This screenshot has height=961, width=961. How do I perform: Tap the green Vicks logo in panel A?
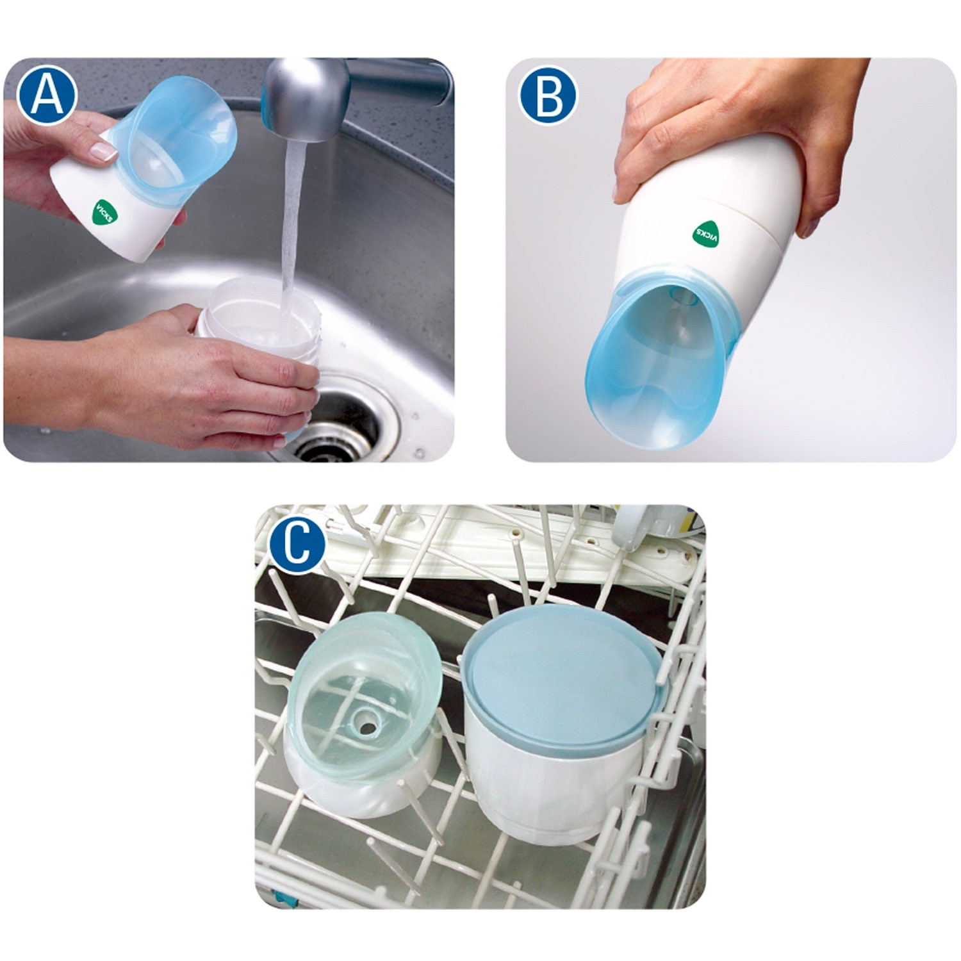(104, 211)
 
